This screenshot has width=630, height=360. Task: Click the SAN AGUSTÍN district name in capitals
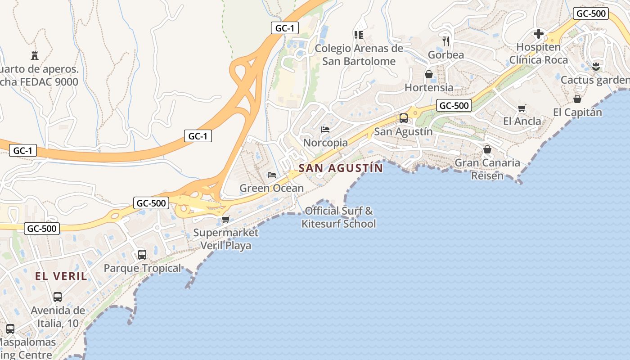[x=341, y=168]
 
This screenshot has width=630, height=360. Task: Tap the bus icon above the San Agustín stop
[x=404, y=118]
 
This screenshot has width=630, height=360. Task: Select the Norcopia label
[x=325, y=143]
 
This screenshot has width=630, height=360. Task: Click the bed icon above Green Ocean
[x=272, y=175]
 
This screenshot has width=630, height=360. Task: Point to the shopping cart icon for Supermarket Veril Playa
[x=225, y=219]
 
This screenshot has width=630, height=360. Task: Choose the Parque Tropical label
[x=142, y=268]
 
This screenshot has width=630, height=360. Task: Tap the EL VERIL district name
[x=61, y=276]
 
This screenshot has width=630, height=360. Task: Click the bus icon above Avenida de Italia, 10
[x=58, y=297]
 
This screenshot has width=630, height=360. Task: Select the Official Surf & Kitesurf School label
[x=339, y=217]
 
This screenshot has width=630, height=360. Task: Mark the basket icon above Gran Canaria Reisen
[x=487, y=149]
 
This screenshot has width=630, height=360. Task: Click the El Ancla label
[x=522, y=121]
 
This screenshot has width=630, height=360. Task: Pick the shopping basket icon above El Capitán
[x=577, y=99]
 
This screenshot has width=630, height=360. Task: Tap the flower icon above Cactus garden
[x=596, y=67]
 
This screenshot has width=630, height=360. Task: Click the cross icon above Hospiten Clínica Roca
[x=538, y=34]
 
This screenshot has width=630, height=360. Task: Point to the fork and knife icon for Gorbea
[x=446, y=41]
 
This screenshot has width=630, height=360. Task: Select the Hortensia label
[x=429, y=87]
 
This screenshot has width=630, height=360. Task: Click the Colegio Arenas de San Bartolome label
[x=359, y=54]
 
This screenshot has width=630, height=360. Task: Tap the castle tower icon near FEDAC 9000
[x=35, y=56]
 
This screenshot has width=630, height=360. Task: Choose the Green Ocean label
[x=271, y=188]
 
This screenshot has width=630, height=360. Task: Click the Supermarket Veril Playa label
[x=226, y=239]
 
